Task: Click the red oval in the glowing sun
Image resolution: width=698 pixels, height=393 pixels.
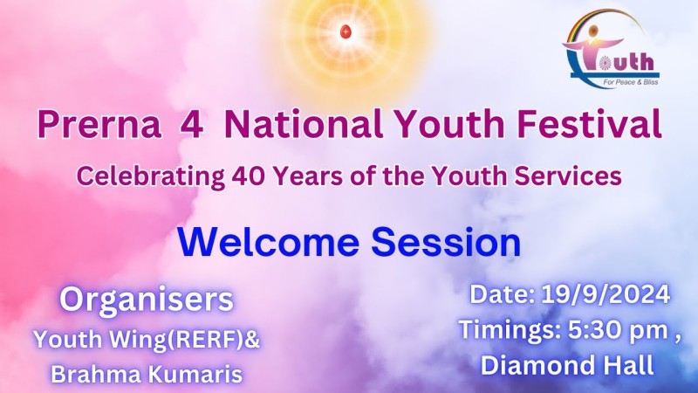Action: point(346,31)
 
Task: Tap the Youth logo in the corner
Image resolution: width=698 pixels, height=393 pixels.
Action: point(610,50)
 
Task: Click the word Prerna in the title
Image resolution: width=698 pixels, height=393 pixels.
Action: point(99,124)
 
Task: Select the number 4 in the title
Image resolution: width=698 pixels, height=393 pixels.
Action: point(192,124)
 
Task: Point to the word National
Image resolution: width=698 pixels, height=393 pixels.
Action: point(304,124)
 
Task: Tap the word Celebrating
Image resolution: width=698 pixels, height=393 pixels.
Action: point(150,176)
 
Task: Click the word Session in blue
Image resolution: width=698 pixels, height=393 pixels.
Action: point(446,243)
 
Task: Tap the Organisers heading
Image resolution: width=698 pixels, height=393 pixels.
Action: point(147,300)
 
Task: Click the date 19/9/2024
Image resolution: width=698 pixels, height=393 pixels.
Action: point(606,294)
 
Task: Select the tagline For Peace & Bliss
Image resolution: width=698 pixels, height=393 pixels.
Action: point(631,82)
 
